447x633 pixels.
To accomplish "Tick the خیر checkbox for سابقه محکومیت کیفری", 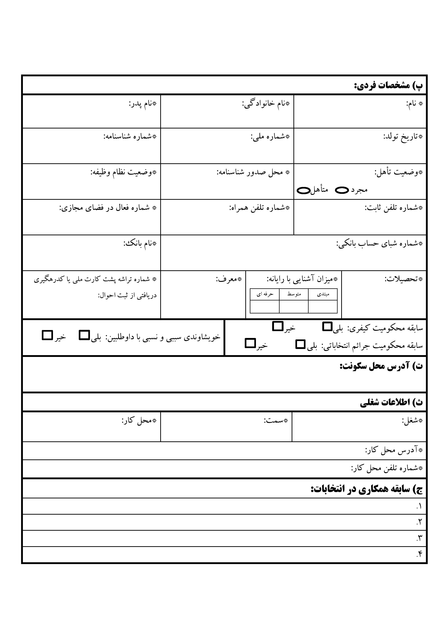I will click(278, 326).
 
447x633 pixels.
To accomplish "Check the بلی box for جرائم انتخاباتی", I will click(300, 344).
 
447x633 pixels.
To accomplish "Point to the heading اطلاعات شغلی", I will click(391, 403).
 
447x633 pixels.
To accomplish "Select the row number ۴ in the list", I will click(419, 554).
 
